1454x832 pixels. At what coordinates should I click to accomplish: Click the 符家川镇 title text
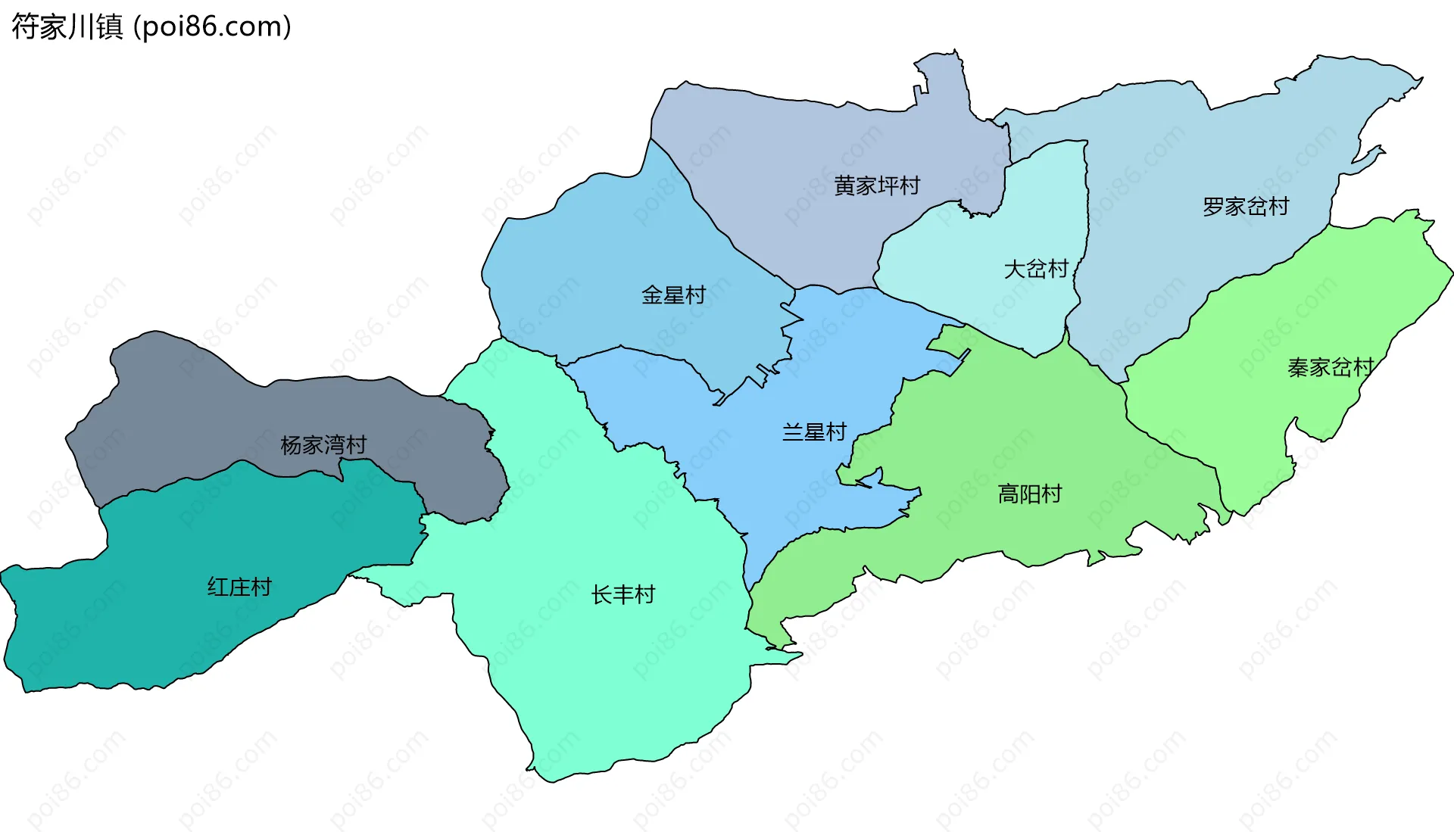coord(67,27)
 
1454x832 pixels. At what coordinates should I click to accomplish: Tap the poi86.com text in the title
coord(212,27)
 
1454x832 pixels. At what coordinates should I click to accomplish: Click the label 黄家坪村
coord(876,185)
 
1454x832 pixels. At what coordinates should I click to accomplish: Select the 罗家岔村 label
coord(1245,206)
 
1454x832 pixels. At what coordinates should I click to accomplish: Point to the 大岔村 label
coord(1035,269)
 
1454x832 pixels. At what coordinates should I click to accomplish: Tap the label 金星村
coord(673,294)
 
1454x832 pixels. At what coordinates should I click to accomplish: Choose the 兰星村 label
coord(814,432)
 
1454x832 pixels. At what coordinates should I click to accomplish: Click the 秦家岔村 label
coord(1330,367)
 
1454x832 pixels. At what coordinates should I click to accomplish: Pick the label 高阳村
coord(1029,494)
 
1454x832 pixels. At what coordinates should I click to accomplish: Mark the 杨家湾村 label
coord(323,444)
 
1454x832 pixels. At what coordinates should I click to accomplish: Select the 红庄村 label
coord(239,587)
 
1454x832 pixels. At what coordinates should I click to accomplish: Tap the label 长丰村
coord(622,594)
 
